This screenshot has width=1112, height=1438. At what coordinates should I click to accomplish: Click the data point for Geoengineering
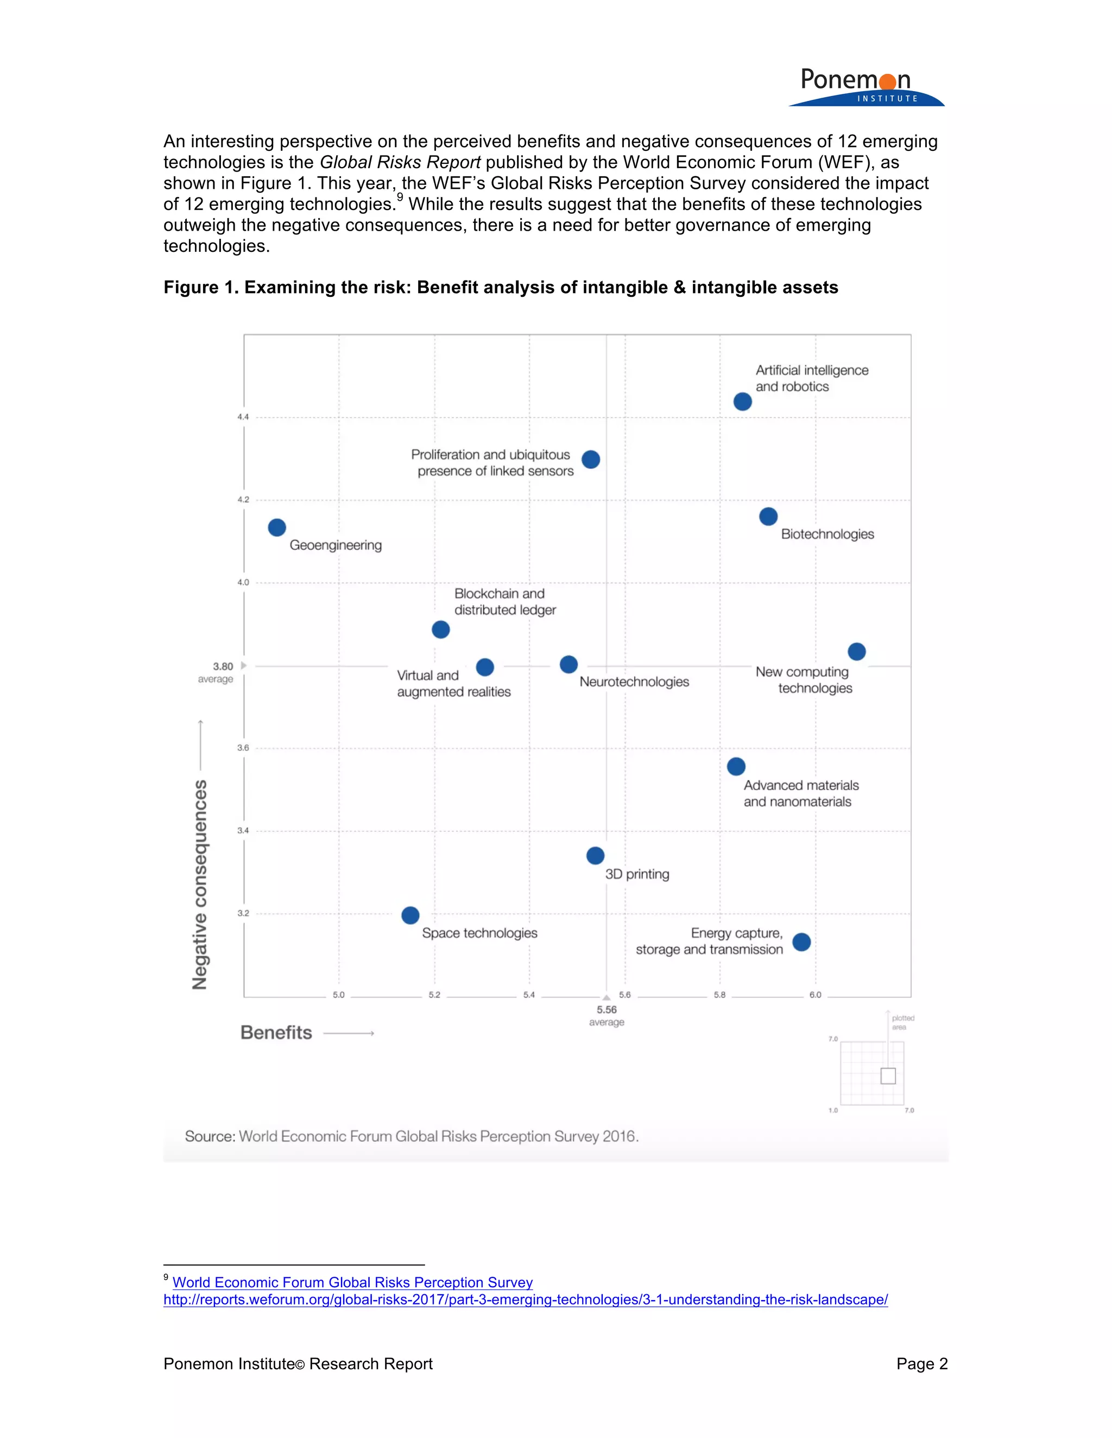277,527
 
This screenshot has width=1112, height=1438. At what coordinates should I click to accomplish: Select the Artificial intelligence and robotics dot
742,402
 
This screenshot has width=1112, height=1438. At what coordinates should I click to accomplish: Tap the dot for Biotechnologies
768,516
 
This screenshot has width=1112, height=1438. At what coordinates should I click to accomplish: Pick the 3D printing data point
595,855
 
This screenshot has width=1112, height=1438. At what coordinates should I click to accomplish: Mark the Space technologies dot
410,915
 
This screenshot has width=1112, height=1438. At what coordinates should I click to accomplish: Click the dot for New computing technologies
856,652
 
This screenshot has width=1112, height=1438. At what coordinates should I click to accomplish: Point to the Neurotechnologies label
634,682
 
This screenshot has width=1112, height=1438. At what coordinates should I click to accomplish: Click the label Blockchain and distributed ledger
504,602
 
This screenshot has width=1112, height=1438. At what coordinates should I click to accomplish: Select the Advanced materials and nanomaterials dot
736,766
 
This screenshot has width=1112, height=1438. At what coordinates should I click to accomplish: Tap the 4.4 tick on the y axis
243,417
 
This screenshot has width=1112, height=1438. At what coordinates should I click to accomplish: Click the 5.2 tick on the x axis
434,995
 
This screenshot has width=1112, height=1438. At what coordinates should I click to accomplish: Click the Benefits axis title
276,1033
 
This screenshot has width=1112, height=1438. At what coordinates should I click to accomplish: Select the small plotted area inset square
887,1076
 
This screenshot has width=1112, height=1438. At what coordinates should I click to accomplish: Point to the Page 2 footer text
921,1364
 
